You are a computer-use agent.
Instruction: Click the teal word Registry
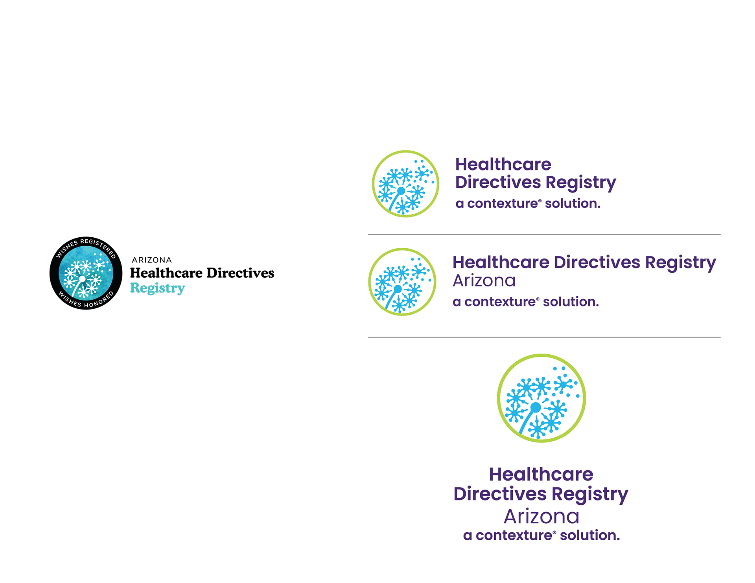pos(157,288)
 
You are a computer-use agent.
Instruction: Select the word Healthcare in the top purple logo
pos(503,165)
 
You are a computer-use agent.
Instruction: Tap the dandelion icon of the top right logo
pos(405,184)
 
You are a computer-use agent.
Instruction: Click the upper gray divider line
pos(544,235)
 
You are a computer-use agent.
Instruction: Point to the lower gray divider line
pos(544,337)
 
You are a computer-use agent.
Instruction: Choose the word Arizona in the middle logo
pos(484,281)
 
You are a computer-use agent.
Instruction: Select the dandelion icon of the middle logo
pos(402,282)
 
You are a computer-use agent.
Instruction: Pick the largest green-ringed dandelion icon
pos(541,398)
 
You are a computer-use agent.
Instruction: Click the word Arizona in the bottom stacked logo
pos(541,517)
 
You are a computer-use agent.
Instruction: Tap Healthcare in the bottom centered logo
pos(541,475)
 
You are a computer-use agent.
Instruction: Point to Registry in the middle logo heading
pos(680,262)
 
